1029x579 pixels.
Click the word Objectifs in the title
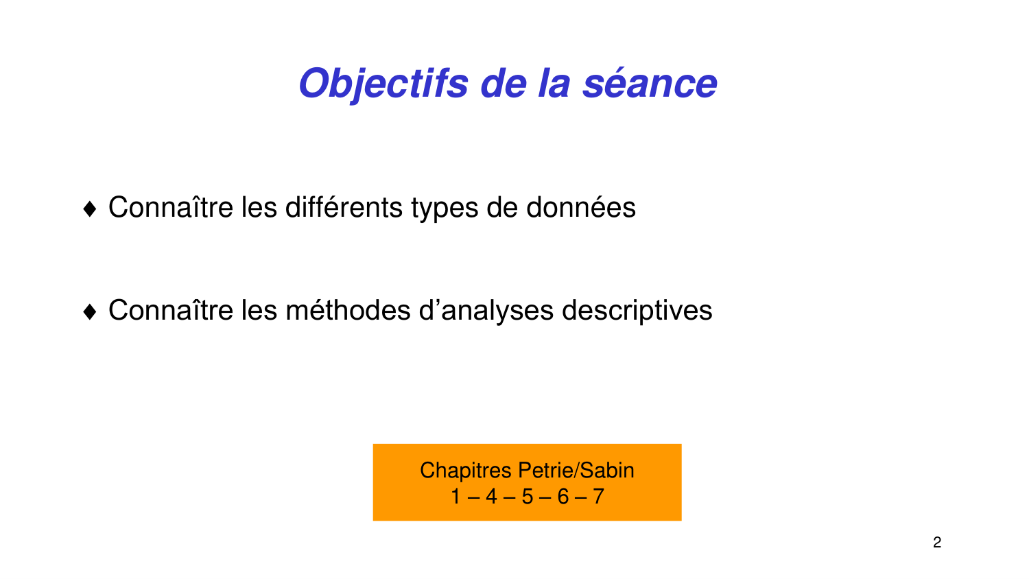pyautogui.click(x=383, y=84)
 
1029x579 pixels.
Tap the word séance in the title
pyautogui.click(x=650, y=84)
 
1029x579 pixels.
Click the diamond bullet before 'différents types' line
pyautogui.click(x=90, y=209)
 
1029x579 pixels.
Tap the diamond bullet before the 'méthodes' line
pyautogui.click(x=90, y=312)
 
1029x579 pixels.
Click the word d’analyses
pyautogui.click(x=486, y=311)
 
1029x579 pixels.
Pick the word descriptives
pyautogui.click(x=637, y=311)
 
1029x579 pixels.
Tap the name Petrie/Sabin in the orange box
pyautogui.click(x=576, y=471)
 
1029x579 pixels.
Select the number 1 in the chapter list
pyautogui.click(x=456, y=496)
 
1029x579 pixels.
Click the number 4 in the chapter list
pyautogui.click(x=491, y=496)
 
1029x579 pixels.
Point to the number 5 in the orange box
pyautogui.click(x=527, y=496)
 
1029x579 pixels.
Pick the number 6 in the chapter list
pyautogui.click(x=563, y=496)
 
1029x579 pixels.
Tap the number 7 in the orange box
pyautogui.click(x=598, y=496)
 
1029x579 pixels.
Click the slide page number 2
pyautogui.click(x=937, y=543)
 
